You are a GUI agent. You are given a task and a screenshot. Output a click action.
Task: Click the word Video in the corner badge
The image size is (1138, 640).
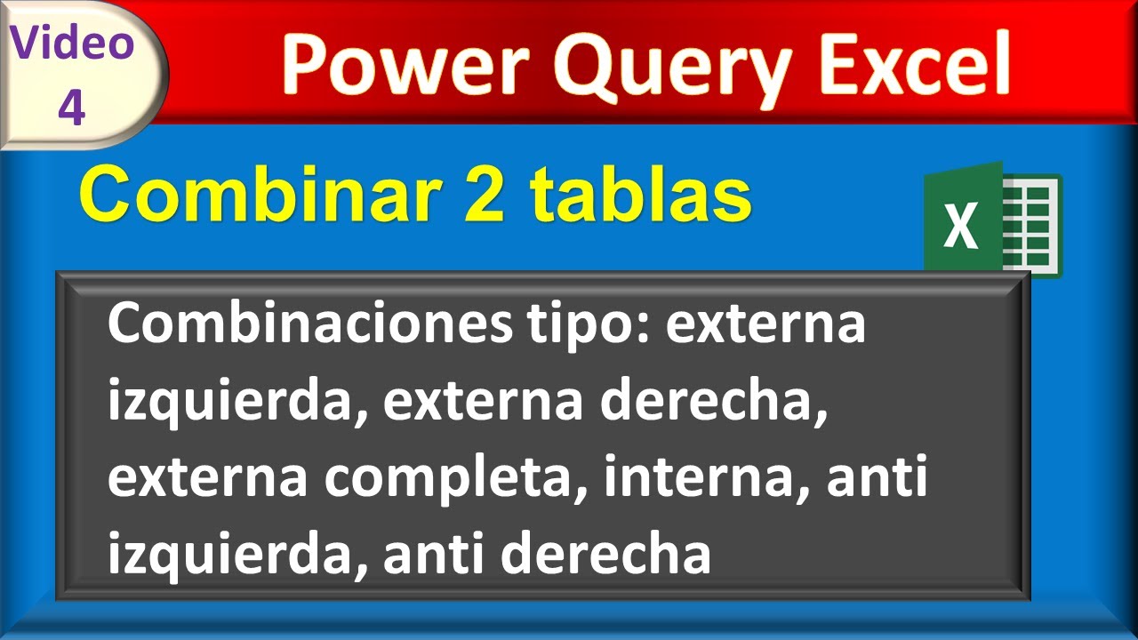tap(73, 42)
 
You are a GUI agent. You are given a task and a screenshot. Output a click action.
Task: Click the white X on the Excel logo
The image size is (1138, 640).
tap(960, 225)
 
